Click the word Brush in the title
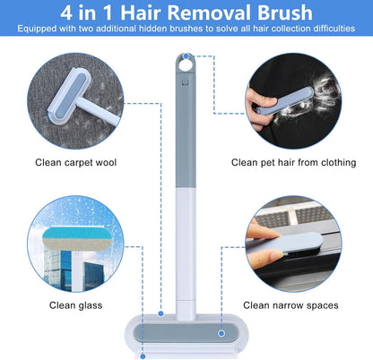coord(285,13)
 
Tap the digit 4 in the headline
coord(66,13)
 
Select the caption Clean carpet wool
coord(75,163)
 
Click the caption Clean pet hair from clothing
coord(293,163)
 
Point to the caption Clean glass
coord(75,305)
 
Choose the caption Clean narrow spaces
coord(291,305)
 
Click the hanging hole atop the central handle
coord(186,64)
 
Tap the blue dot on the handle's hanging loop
coord(186,56)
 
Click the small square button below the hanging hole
coord(185,81)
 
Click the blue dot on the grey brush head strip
coord(221,333)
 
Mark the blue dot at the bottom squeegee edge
coord(143,356)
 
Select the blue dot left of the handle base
coord(160,313)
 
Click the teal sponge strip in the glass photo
coord(77,232)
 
